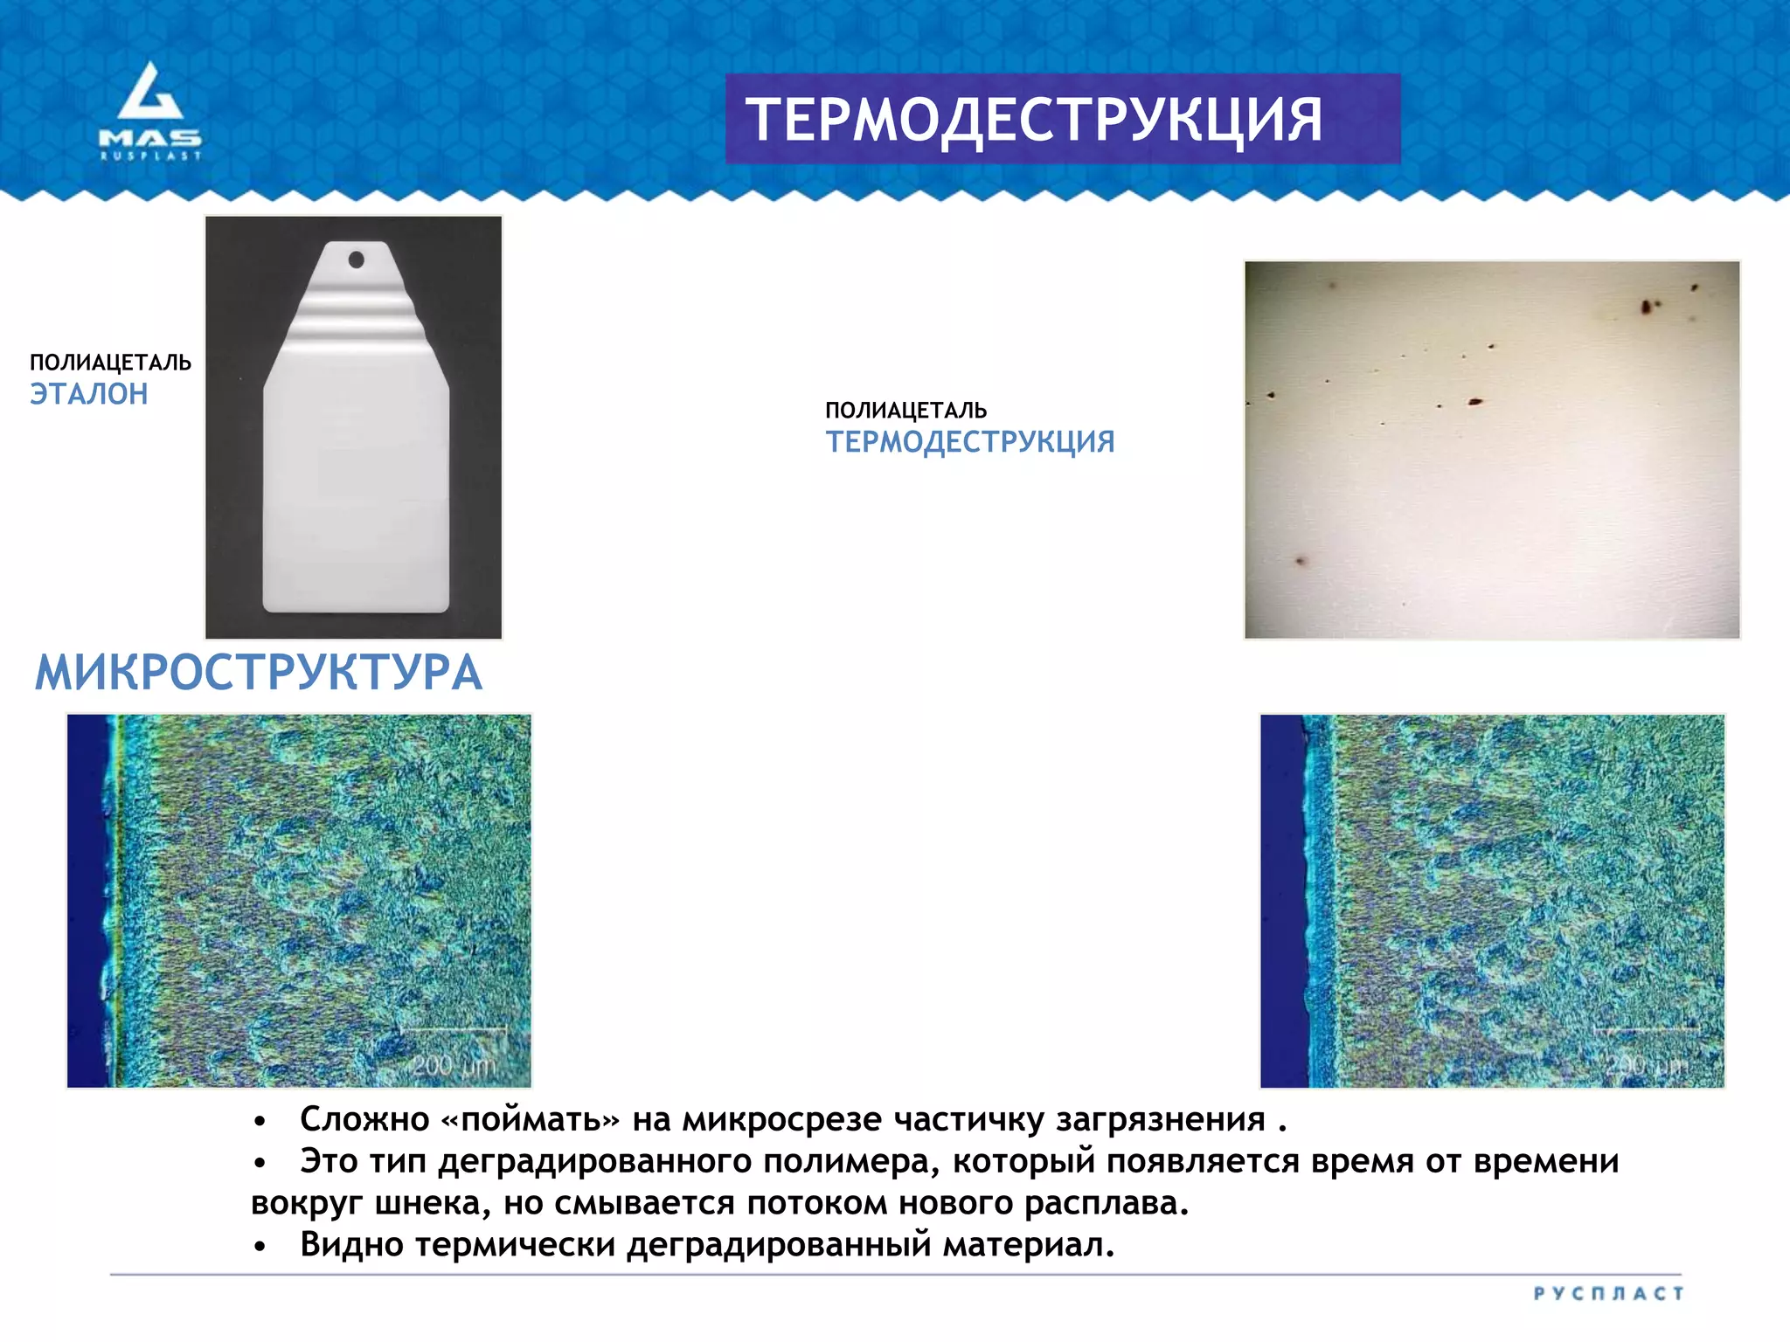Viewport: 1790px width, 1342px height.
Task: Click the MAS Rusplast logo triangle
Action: coord(150,92)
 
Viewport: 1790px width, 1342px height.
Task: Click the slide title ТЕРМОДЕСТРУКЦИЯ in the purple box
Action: coord(1034,120)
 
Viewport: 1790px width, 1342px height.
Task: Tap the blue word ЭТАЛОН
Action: coord(89,394)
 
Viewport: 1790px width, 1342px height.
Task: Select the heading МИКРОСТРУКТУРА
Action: coord(259,673)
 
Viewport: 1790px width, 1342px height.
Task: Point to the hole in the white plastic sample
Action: coord(357,259)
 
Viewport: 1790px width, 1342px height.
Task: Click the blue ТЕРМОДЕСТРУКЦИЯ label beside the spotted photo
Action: coord(970,442)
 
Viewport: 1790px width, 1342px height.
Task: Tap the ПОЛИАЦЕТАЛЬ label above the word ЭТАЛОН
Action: coord(110,363)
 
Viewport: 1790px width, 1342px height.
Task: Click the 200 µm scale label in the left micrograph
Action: coord(454,1066)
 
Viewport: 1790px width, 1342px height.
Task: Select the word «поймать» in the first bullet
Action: coord(531,1119)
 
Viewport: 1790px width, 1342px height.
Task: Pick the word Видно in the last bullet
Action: coord(352,1244)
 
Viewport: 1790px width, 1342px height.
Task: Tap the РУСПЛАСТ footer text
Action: coord(1608,1293)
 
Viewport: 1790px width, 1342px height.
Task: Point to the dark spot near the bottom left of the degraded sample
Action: coord(1300,560)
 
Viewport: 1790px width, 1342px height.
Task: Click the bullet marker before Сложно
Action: coord(259,1122)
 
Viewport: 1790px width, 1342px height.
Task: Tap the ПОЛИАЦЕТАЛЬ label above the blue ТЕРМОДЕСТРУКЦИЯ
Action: coord(905,411)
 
